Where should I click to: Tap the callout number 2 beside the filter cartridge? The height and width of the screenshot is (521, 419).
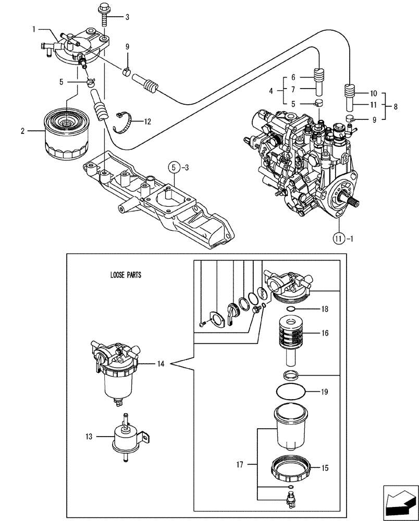point(22,131)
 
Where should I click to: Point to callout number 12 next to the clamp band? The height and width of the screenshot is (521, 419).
point(147,121)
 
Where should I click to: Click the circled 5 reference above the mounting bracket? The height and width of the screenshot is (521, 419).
point(172,167)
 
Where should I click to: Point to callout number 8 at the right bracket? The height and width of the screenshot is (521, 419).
point(396,107)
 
